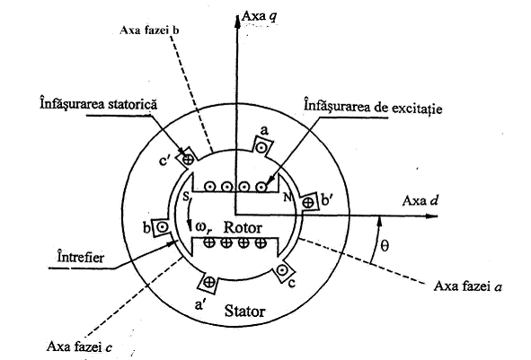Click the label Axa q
[x=260, y=17]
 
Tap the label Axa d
[x=420, y=201]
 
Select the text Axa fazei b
[x=149, y=31]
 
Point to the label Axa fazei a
[x=468, y=286]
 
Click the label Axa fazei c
[x=80, y=347]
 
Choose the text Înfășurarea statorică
[x=99, y=103]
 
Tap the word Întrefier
[x=81, y=257]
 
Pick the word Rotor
[x=243, y=228]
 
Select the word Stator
[x=244, y=311]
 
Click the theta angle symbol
[x=385, y=246]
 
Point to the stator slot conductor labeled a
[x=261, y=147]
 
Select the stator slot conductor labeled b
[x=163, y=227]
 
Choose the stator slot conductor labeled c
[x=282, y=270]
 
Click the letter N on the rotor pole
[x=288, y=198]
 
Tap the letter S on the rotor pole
[x=186, y=197]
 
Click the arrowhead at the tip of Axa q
[x=236, y=20]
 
